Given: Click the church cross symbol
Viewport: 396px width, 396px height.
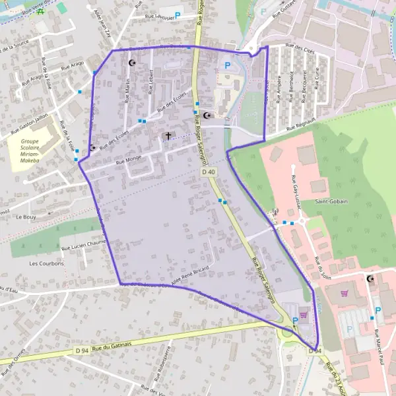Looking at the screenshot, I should (168, 136).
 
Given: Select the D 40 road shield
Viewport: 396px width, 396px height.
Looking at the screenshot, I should (209, 172).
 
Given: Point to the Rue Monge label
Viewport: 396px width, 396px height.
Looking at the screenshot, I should (129, 159).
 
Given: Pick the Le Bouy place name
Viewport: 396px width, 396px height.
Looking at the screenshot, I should (26, 216).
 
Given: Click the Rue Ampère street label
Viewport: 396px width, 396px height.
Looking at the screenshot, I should (279, 90).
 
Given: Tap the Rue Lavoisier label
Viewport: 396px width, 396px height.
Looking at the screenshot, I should (154, 16).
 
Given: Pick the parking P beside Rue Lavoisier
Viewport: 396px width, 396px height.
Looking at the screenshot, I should (177, 15).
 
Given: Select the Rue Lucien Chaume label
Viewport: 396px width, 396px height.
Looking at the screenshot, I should (84, 244).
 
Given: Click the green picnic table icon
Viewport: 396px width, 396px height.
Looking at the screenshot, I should (40, 11).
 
